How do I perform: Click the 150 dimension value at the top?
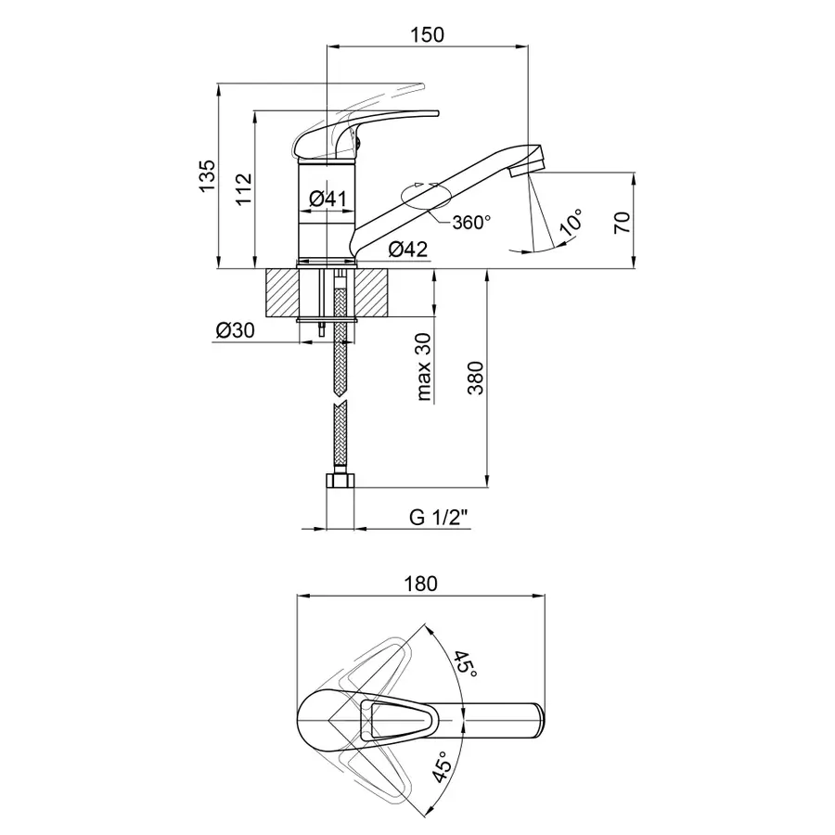pyautogui.click(x=427, y=34)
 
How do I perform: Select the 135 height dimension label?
pyautogui.click(x=207, y=176)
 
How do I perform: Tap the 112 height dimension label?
pyautogui.click(x=243, y=189)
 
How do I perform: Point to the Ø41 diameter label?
pyautogui.click(x=328, y=199)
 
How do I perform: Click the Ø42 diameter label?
pyautogui.click(x=408, y=249)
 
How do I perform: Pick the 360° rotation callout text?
pyautogui.click(x=471, y=222)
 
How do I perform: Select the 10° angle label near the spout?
pyautogui.click(x=571, y=222)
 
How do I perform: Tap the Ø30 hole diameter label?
pyautogui.click(x=236, y=330)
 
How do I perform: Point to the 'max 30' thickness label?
pyautogui.click(x=424, y=366)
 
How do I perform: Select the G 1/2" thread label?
pyautogui.click(x=439, y=517)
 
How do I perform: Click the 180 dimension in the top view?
pyautogui.click(x=420, y=584)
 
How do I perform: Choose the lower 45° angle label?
pyautogui.click(x=442, y=767)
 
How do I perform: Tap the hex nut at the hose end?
pyautogui.click(x=340, y=481)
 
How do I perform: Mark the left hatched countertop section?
pyautogui.click(x=281, y=293)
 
